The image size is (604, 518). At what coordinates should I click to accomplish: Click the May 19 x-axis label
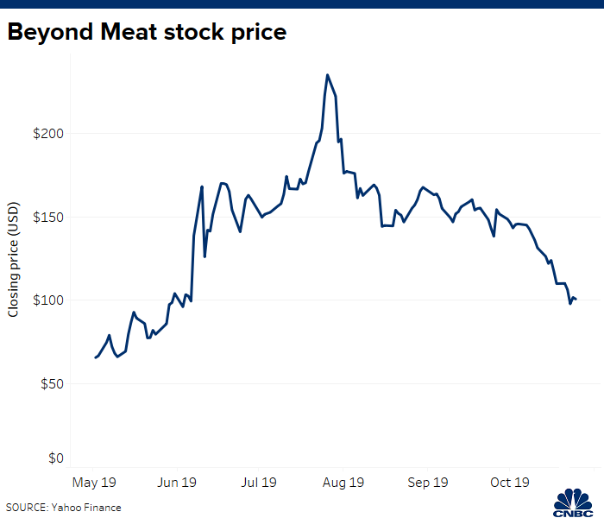point(94,482)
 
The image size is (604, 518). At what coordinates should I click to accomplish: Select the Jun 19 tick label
point(179,482)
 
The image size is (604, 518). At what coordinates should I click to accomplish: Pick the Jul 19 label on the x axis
point(260,482)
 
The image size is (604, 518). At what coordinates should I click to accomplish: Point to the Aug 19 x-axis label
point(343,482)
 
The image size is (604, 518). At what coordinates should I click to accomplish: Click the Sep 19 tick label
point(428,482)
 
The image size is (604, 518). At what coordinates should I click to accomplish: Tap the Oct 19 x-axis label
point(510,482)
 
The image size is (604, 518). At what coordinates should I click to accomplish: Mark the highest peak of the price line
point(327,75)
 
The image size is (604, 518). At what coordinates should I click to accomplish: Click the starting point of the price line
point(95,357)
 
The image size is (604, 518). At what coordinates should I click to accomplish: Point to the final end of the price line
point(576,300)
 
